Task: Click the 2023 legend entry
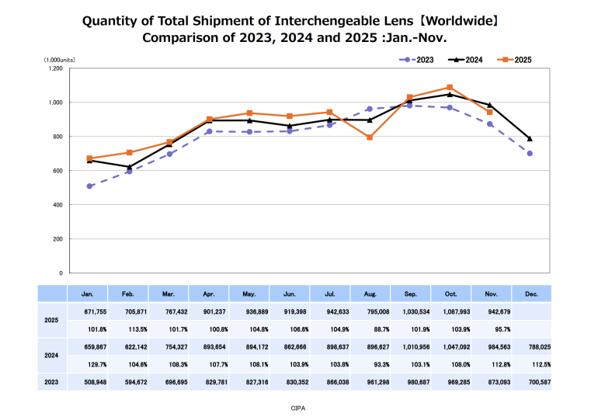click(419, 59)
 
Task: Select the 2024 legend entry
click(466, 59)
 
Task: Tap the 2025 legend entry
click(514, 59)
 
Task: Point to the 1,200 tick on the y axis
click(55, 68)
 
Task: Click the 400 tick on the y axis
click(57, 205)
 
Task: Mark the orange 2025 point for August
click(370, 137)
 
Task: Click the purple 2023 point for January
click(90, 186)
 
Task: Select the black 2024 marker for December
click(530, 139)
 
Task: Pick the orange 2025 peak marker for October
click(450, 88)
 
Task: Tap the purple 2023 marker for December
click(530, 154)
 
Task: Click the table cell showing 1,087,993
click(450, 311)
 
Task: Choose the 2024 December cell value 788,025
click(530, 347)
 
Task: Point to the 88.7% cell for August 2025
click(370, 328)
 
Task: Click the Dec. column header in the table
click(530, 294)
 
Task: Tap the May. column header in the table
click(249, 294)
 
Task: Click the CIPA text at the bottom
click(298, 406)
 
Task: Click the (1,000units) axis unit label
click(59, 59)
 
